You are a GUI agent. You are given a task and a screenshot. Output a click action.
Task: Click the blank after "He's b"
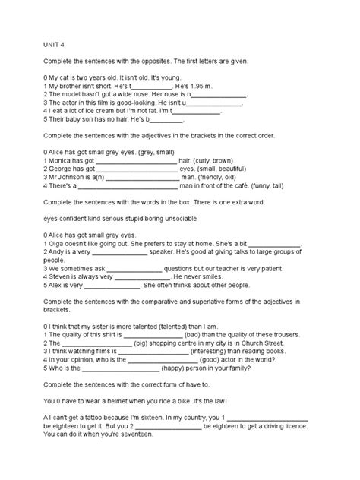[x=168, y=119]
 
